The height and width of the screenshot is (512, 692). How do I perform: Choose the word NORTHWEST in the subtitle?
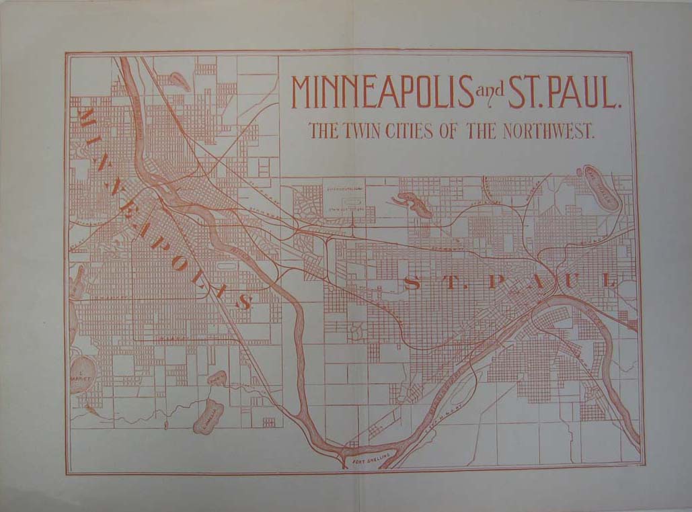[548, 130]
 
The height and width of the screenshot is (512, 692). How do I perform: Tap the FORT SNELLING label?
[370, 463]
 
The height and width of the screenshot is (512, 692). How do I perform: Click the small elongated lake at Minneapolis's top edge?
[180, 82]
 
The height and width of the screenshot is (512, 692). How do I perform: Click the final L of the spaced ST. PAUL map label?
[611, 281]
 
